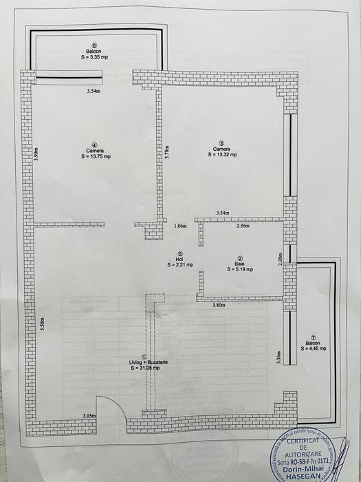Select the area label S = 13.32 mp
pos(221,155)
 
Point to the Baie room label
pos(239,264)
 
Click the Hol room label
pos(179,259)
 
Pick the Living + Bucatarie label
pos(143,362)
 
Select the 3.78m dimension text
pos(166,151)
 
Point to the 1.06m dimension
pos(180,226)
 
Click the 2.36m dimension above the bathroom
pos(243,226)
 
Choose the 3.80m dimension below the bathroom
pos(219,305)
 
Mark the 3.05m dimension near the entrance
pos(89,416)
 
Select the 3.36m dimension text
pos(278,357)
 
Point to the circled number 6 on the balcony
pos(94,45)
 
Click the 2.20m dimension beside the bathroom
pos(280,260)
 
